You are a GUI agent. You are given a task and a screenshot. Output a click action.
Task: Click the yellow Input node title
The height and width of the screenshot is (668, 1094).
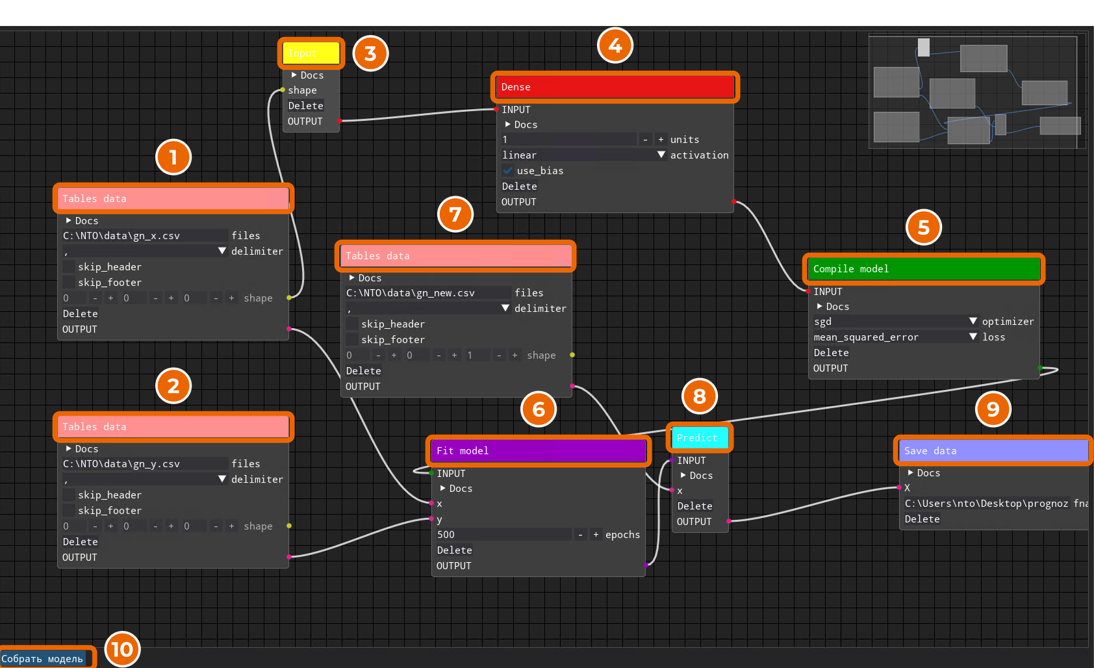pos(311,53)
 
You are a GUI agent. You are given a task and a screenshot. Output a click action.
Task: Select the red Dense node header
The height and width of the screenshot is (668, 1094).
pos(615,87)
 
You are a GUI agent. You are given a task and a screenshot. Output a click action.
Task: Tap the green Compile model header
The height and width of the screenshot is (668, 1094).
pos(924,269)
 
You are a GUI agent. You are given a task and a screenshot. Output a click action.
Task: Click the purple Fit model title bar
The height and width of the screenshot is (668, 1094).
pos(539,450)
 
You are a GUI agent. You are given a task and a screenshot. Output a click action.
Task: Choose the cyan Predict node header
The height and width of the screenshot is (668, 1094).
pos(700,437)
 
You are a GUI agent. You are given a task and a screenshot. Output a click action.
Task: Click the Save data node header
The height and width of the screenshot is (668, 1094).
pos(994,450)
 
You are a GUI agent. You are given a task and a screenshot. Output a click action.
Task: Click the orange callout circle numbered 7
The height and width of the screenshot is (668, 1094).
pos(455,214)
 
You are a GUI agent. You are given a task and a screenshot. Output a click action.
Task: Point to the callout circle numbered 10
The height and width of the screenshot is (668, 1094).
pos(122,649)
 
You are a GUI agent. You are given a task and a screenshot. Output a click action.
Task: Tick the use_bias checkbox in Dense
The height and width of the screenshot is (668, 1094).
pos(508,170)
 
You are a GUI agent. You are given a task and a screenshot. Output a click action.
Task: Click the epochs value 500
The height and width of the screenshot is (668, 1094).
pos(503,535)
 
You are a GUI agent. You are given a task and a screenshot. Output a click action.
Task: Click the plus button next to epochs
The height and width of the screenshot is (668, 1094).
pos(596,535)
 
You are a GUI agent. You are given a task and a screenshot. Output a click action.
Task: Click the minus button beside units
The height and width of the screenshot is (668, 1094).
pos(645,139)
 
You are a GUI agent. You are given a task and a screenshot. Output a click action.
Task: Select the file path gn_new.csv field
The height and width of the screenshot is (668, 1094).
pos(428,292)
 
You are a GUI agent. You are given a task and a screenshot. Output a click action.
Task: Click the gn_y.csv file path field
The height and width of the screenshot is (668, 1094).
pos(145,464)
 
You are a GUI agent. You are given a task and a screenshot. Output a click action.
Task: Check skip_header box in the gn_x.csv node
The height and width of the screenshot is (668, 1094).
pos(69,267)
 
